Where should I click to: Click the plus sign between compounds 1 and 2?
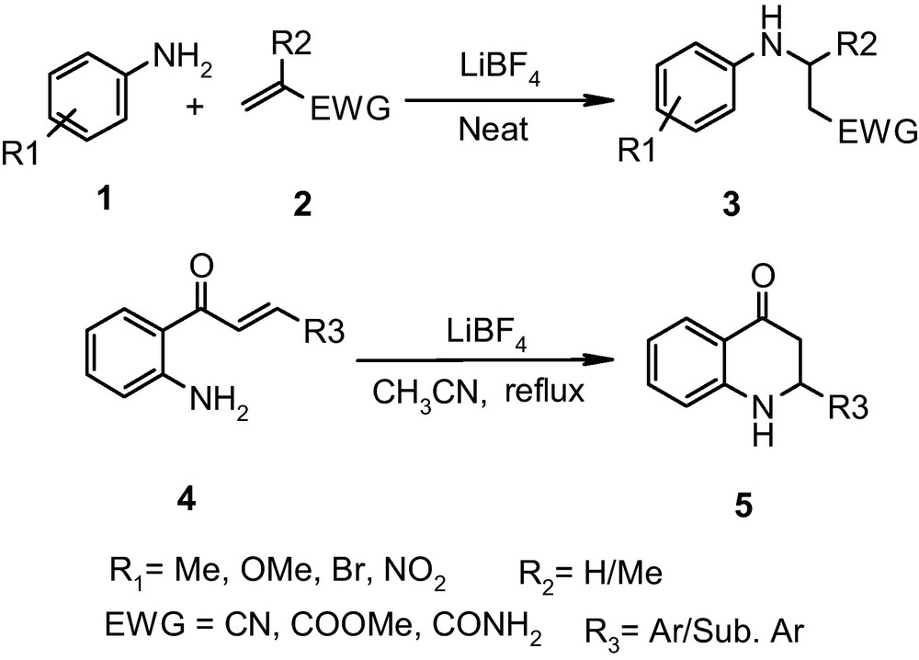pos(194,108)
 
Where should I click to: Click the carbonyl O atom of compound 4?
pos(202,267)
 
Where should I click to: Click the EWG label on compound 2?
pos(350,111)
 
